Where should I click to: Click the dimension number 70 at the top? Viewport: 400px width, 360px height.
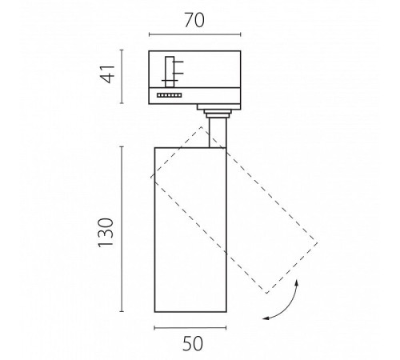coord(194,20)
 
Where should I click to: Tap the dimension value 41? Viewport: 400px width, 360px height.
coord(107,74)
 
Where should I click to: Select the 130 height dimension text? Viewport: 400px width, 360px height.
coord(106,233)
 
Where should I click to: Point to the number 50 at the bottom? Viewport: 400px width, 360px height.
coord(193,343)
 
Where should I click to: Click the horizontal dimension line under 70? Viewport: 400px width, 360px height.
coord(195,34)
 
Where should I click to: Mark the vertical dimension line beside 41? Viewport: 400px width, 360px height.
coord(122,77)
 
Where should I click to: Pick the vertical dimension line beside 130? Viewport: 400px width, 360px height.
coord(122,229)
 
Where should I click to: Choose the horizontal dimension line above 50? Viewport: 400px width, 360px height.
coord(190,328)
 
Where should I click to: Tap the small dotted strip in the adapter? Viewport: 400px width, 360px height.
coord(170,95)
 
